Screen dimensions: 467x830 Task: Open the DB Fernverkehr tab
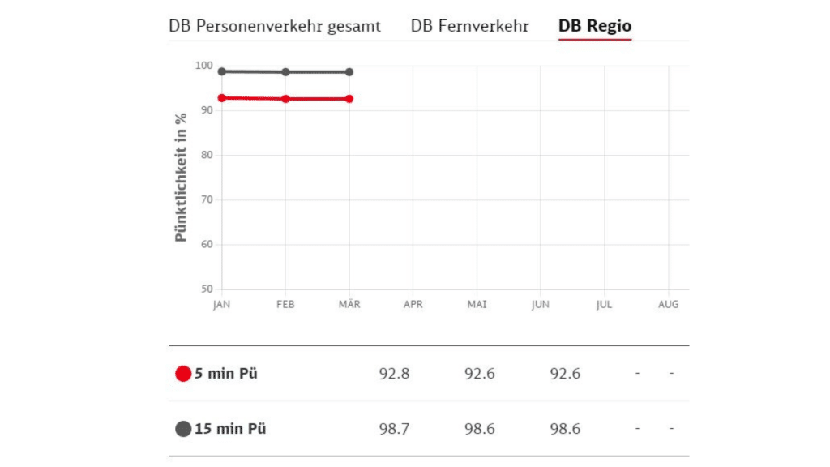469,26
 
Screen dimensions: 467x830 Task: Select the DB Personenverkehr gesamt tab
275,26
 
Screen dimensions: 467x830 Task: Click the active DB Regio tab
595,26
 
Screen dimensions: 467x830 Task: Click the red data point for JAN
222,98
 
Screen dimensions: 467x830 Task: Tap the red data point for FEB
285,99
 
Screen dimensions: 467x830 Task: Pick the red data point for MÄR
349,99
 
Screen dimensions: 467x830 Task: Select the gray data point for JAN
222,71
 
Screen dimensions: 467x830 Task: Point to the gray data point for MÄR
349,72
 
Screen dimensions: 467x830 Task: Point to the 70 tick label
206,199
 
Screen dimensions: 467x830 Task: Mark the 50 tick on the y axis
206,289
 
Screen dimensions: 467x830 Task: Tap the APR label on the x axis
413,305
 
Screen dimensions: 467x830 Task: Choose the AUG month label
668,305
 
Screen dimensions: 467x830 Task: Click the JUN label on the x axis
541,305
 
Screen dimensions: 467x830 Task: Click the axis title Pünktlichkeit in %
182,178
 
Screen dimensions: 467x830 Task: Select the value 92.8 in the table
394,374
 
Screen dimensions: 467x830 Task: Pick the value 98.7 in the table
394,429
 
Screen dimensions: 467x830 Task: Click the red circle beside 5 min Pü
183,374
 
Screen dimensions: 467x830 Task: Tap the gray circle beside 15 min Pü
183,429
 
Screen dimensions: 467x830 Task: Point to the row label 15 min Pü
230,429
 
